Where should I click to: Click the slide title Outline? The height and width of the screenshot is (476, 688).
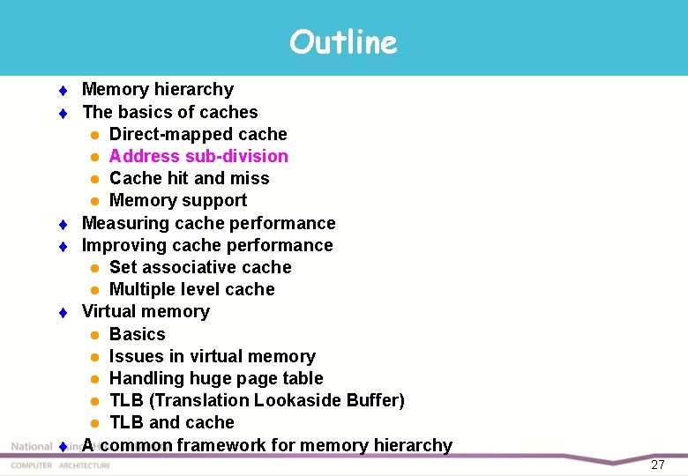343,41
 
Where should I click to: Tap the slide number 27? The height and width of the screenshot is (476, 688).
657,465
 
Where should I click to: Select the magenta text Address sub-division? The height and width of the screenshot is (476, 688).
198,156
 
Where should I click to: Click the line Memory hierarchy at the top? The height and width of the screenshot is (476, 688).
157,89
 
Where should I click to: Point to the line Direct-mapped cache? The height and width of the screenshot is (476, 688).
198,134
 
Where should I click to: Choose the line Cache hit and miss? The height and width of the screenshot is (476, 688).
189,178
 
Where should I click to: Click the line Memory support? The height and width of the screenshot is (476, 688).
177,200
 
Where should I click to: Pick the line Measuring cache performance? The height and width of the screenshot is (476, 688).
208,223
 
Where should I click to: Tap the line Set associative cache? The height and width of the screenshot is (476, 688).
200,267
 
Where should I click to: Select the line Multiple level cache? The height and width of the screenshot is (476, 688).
191,289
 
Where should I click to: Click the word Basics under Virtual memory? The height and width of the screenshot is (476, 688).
137,334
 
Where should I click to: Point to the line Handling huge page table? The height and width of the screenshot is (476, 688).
216,378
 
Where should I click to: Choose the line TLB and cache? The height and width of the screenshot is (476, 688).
171,422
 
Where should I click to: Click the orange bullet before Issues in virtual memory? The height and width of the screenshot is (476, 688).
93,357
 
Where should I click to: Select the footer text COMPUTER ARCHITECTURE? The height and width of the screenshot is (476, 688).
60,465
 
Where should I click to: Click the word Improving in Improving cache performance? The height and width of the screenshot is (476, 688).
120,245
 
